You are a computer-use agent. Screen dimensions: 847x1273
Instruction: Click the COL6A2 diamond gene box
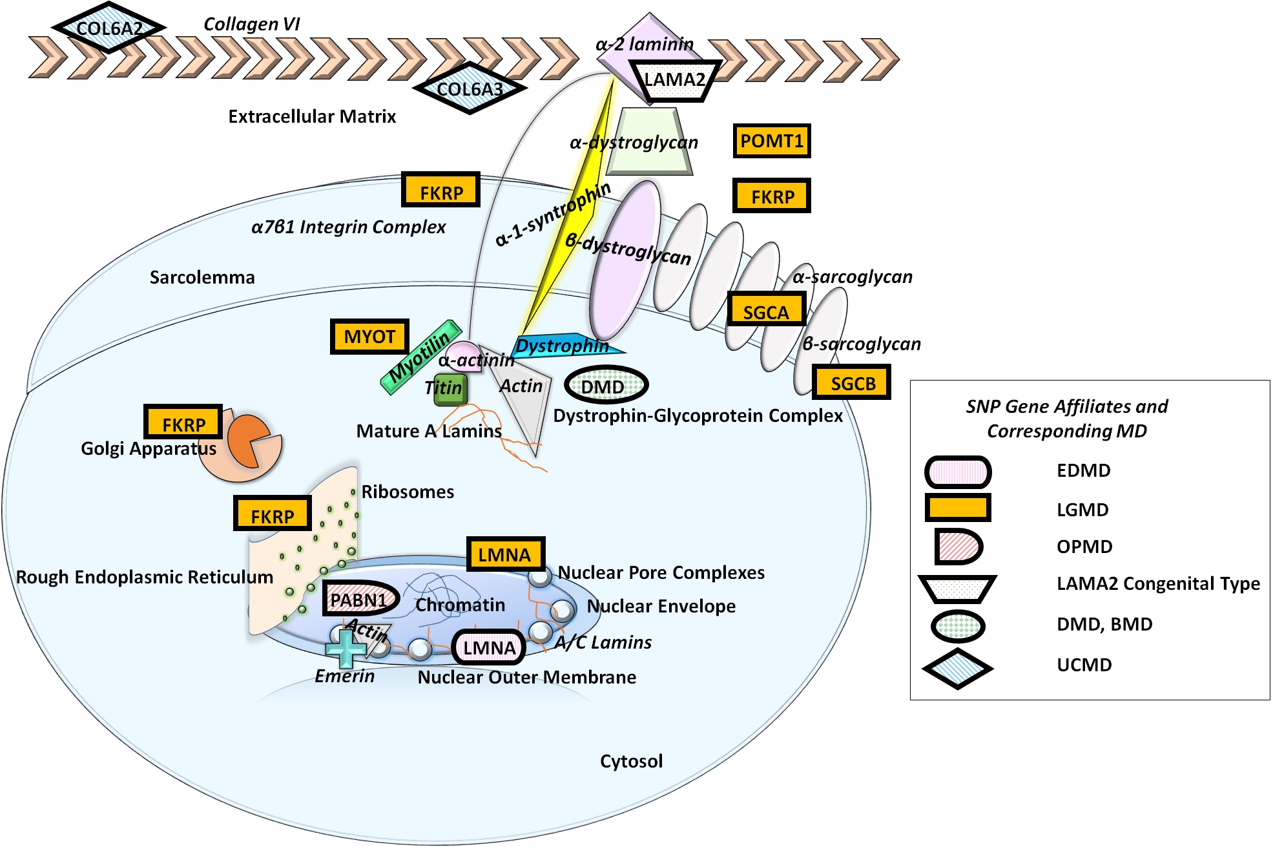click(x=109, y=28)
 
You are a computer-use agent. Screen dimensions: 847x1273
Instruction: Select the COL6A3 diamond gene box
click(x=470, y=89)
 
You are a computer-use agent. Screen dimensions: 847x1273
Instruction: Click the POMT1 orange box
click(x=772, y=141)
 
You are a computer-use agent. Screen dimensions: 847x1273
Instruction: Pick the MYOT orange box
click(x=369, y=337)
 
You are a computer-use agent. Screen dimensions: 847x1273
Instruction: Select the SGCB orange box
click(x=852, y=382)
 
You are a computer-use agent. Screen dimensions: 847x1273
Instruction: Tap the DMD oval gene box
click(x=606, y=386)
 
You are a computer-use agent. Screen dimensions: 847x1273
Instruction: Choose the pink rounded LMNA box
click(x=489, y=647)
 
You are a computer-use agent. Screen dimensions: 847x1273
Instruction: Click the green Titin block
click(x=450, y=390)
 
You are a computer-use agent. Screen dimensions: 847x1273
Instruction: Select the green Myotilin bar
click(x=420, y=357)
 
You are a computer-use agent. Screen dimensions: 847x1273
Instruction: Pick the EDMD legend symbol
click(x=958, y=472)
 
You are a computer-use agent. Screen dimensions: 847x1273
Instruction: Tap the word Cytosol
click(x=631, y=761)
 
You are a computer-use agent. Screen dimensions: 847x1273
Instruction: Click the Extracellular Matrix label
click(x=312, y=116)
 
